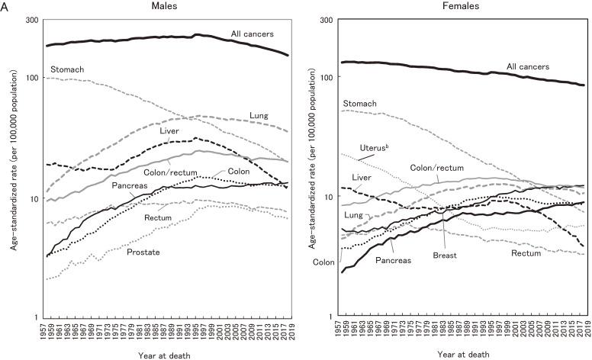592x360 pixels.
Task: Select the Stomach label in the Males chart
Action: click(x=67, y=69)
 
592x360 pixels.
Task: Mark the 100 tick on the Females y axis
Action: click(x=328, y=77)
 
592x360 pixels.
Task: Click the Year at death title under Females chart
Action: click(x=464, y=354)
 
